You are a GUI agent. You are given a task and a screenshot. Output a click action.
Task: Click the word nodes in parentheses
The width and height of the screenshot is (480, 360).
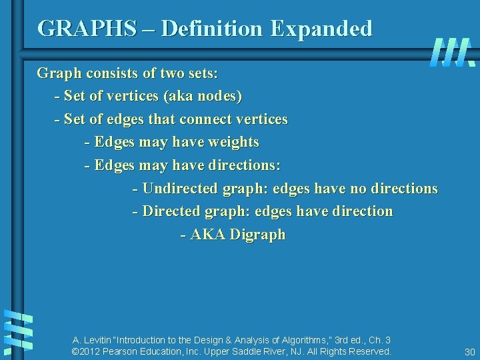coord(221,96)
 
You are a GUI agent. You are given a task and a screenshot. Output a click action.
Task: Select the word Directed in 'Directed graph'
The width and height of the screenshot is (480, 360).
coord(171,211)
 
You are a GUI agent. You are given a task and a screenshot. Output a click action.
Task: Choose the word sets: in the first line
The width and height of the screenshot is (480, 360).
coord(181,73)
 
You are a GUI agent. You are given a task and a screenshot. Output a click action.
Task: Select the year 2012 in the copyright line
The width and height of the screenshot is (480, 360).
coord(92,351)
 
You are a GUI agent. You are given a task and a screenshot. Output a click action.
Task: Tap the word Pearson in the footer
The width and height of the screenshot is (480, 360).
coord(127,351)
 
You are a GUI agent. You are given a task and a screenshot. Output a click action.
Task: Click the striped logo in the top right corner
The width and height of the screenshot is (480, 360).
coord(451,51)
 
